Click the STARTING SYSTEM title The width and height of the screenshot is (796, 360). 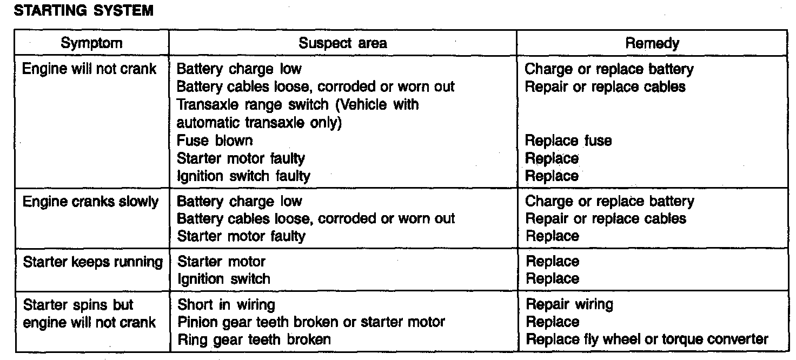[x=83, y=11]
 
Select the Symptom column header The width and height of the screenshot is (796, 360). [x=91, y=43]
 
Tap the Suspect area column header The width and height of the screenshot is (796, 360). [x=342, y=43]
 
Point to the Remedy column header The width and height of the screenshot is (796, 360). [x=652, y=43]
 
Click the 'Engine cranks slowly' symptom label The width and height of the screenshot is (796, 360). [x=91, y=202]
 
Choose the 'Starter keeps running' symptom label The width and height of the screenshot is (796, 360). [x=92, y=262]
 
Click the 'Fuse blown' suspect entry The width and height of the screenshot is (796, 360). [x=215, y=141]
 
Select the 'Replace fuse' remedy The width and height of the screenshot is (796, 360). [x=568, y=141]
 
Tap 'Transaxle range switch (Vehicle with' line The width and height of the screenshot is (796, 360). [x=298, y=104]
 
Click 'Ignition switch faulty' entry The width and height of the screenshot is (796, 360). [x=244, y=176]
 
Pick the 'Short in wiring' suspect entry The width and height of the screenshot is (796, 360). [x=226, y=305]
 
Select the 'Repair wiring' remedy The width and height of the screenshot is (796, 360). [x=569, y=304]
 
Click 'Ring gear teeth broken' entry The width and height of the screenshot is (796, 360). [x=254, y=339]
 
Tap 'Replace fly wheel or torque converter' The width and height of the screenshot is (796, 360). [x=647, y=339]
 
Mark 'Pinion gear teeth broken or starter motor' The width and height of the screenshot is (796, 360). [x=311, y=322]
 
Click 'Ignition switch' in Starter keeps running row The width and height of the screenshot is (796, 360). [x=223, y=279]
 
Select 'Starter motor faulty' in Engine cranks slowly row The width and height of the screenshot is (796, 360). [x=241, y=236]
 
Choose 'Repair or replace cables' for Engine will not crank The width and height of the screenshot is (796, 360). [x=605, y=86]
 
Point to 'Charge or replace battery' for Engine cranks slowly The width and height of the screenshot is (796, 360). [x=609, y=202]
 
